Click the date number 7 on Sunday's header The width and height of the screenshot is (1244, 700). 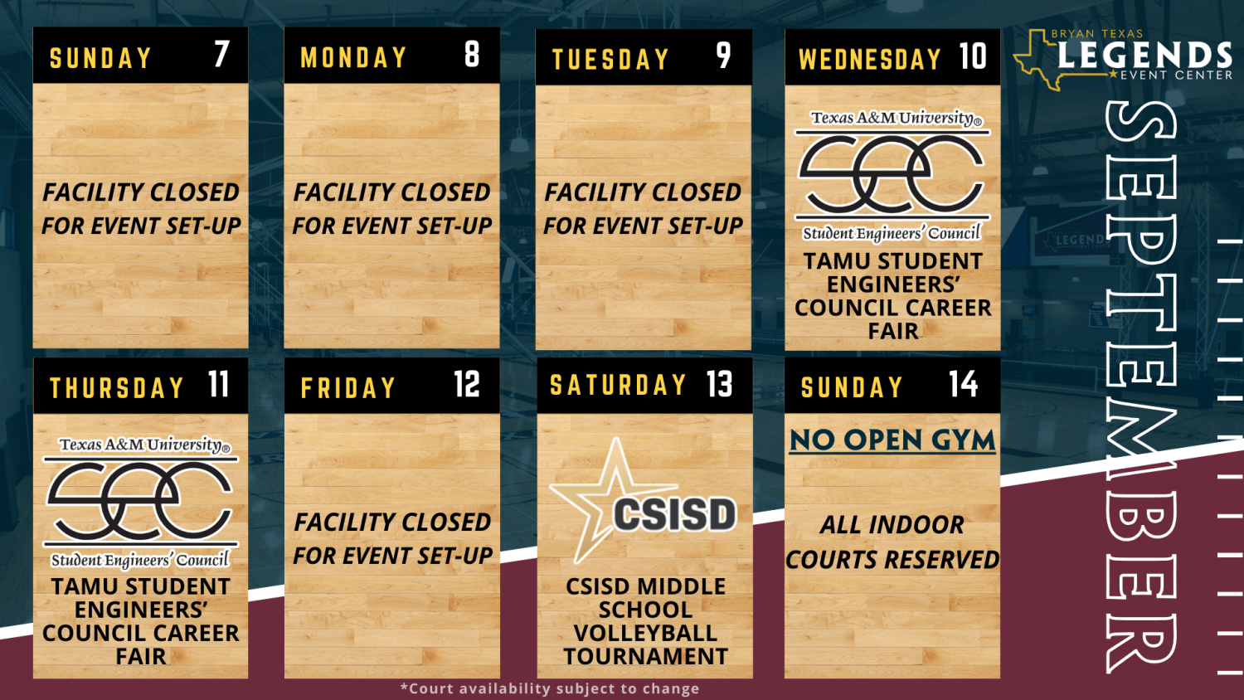coord(221,54)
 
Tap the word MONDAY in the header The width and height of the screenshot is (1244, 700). coord(354,57)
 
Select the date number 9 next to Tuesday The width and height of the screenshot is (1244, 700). coord(723,56)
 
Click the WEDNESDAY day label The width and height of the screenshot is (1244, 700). coord(870,59)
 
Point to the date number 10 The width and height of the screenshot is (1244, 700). coord(973,56)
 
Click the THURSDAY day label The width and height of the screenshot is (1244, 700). coord(117,387)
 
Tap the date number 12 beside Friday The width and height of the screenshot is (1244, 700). coord(466,384)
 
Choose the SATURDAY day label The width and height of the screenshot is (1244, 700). coord(618,385)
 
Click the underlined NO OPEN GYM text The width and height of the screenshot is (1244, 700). coord(892,440)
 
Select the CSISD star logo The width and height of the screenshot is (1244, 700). coord(644,501)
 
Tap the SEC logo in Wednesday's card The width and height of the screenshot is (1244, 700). coord(892,175)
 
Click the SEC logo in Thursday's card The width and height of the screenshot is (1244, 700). coord(141,503)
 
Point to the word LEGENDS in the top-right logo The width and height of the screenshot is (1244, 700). coord(1144,55)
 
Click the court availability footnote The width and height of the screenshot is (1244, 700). coord(550,688)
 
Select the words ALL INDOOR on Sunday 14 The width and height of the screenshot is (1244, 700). coord(892,524)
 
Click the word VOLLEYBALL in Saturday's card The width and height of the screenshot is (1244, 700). coord(645,633)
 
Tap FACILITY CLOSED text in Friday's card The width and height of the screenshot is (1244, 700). coord(392,522)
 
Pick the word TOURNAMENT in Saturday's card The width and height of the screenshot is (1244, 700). coord(645,656)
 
